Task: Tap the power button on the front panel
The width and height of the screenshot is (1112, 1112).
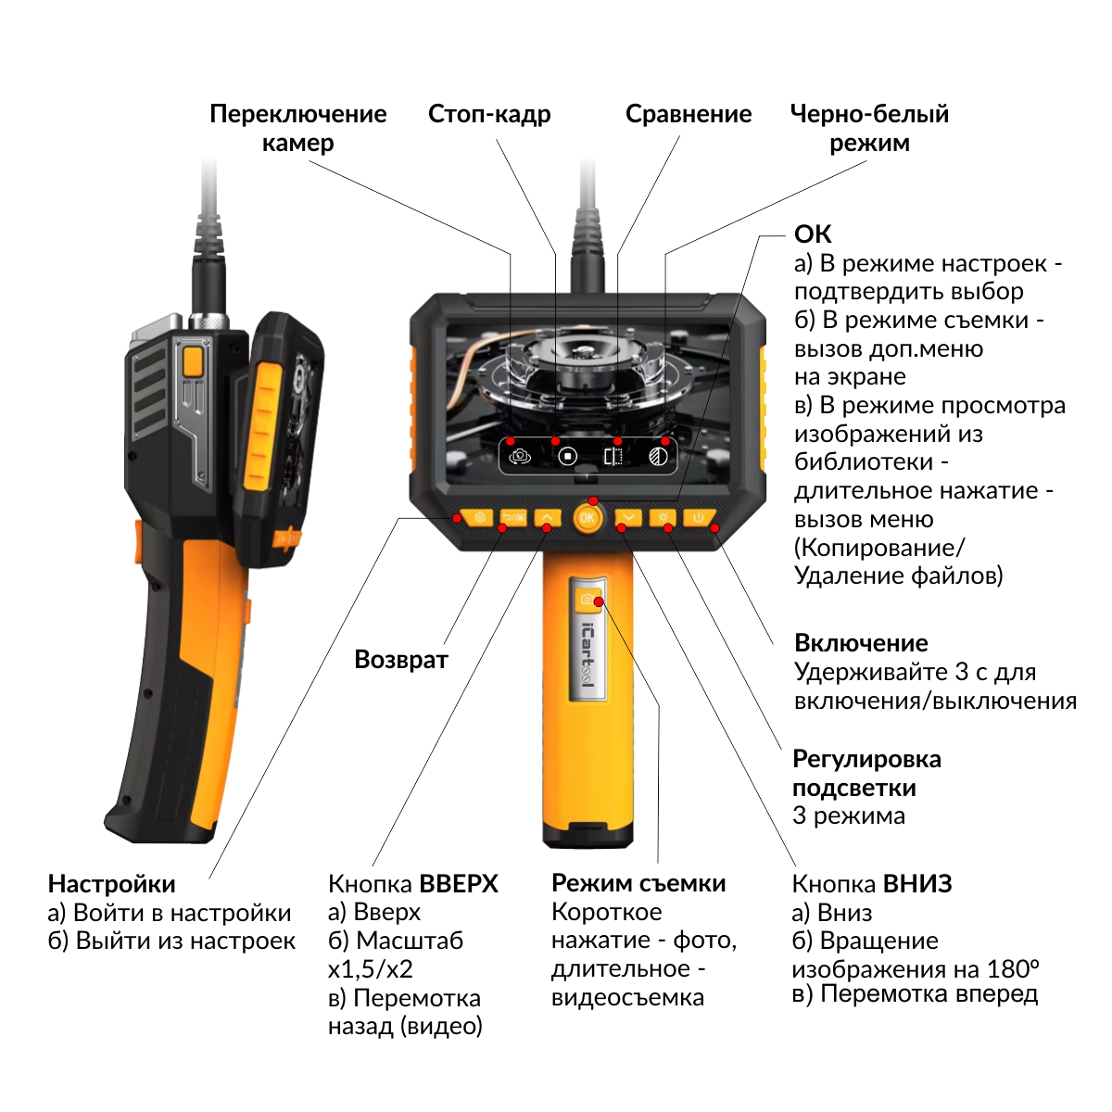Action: (699, 518)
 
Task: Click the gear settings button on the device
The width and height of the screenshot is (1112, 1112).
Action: (478, 517)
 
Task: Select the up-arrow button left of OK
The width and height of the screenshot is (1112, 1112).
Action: (549, 517)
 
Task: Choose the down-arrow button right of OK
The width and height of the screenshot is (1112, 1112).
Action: (627, 517)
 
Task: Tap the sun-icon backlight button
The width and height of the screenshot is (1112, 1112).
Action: (663, 517)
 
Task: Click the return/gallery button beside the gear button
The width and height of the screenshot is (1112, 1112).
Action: (513, 517)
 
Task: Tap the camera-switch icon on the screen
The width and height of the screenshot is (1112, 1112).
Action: (520, 456)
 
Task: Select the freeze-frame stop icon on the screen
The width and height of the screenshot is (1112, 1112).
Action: (567, 456)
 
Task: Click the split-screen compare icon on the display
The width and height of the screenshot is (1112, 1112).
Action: (613, 456)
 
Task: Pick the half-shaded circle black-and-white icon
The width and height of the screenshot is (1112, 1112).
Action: (658, 456)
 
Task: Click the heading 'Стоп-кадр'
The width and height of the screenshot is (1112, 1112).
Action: (489, 114)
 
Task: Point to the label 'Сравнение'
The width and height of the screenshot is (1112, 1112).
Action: (688, 114)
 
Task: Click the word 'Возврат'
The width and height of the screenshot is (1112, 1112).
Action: (401, 660)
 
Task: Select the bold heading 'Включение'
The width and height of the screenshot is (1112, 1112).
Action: (861, 643)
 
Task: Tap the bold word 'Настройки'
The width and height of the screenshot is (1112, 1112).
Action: (111, 883)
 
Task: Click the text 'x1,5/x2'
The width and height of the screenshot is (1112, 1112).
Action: (371, 969)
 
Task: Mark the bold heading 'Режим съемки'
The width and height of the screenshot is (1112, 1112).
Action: (638, 883)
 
